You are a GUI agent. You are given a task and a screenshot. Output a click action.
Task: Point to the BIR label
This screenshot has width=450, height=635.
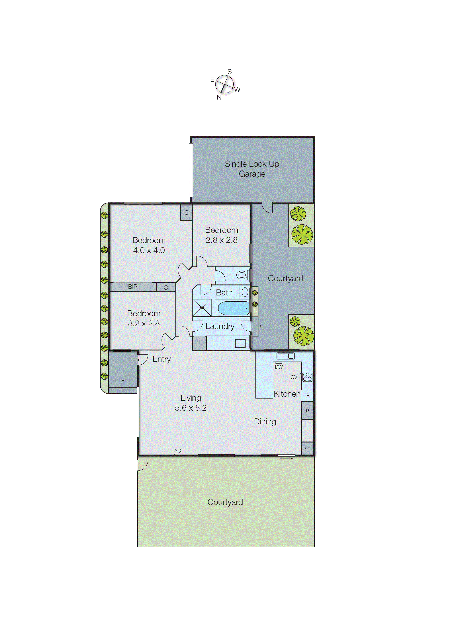(x=133, y=287)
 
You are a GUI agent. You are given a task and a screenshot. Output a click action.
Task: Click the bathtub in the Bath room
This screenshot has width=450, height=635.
(x=234, y=308)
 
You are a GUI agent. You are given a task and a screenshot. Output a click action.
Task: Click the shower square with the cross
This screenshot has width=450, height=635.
(x=202, y=308)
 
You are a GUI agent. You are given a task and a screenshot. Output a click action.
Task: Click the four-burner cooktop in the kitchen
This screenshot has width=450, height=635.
(x=307, y=377)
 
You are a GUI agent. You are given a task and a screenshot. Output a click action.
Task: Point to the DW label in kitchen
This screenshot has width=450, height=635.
(x=279, y=367)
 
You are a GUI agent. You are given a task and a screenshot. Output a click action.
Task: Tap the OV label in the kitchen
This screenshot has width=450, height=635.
(x=294, y=377)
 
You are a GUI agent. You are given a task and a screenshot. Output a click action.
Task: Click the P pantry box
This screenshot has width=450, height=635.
(x=307, y=411)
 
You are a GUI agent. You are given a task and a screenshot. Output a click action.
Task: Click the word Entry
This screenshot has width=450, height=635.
(x=161, y=359)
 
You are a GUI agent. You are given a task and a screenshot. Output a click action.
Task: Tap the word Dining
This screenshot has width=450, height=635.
(x=265, y=422)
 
